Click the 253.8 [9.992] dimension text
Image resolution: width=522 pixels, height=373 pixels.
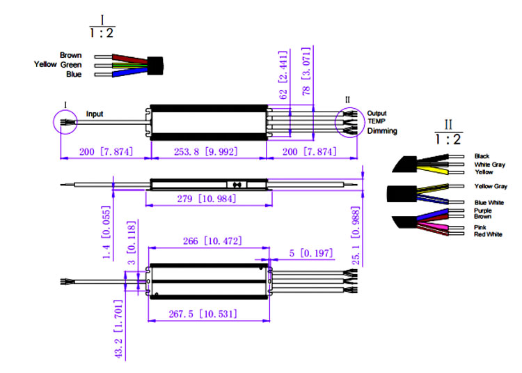(x=206, y=152)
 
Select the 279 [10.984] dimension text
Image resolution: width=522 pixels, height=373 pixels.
(x=207, y=199)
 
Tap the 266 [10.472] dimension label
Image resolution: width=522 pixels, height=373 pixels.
(x=212, y=241)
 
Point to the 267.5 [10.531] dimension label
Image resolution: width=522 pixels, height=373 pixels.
(x=203, y=314)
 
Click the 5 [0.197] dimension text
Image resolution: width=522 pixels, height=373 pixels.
(x=310, y=253)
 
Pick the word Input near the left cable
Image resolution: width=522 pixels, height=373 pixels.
(x=95, y=114)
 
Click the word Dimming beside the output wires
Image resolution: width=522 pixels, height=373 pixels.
(x=382, y=131)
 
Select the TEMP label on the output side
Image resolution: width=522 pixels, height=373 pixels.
(x=377, y=121)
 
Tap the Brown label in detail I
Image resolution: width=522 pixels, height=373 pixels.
(x=70, y=55)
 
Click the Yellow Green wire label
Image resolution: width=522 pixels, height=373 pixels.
(x=58, y=64)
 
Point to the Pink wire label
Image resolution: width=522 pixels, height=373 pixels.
(x=480, y=227)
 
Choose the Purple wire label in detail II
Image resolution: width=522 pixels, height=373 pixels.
(x=483, y=211)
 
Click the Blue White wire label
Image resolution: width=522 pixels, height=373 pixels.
(x=489, y=203)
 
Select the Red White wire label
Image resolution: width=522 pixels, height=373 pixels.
(x=488, y=234)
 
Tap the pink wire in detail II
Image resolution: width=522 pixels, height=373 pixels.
(x=433, y=227)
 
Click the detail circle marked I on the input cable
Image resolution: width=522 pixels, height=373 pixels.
(x=54, y=122)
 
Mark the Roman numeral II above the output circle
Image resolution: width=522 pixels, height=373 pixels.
(x=347, y=100)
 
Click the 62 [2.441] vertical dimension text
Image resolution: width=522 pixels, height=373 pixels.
(x=283, y=75)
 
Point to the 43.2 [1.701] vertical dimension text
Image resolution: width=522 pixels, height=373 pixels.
(x=119, y=329)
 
